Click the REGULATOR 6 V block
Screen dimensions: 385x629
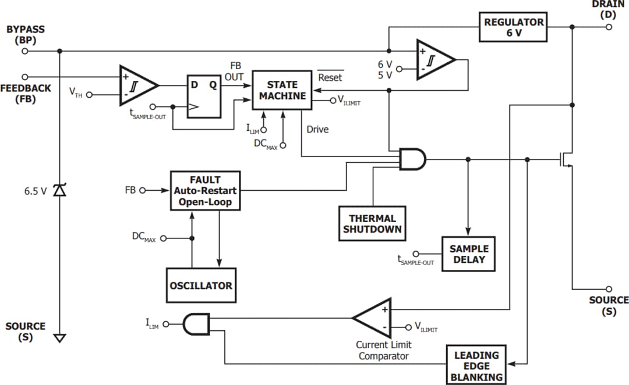tap(513, 27)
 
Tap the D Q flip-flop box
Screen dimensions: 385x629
tap(204, 97)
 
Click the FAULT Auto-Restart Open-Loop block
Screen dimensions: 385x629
tap(206, 190)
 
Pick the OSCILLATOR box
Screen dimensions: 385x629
tap(201, 286)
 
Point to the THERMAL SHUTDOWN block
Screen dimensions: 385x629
tap(372, 224)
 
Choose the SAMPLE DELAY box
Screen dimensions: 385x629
tap(468, 254)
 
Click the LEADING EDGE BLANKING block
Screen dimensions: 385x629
tap(476, 366)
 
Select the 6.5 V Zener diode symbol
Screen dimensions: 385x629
tap(59, 190)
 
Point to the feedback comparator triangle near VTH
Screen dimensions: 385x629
tap(137, 85)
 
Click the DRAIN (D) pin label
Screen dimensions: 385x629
tap(608, 9)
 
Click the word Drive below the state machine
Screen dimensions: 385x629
tap(317, 129)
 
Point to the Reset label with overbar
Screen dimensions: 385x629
tap(330, 77)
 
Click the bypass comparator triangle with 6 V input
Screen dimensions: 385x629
tap(434, 58)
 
